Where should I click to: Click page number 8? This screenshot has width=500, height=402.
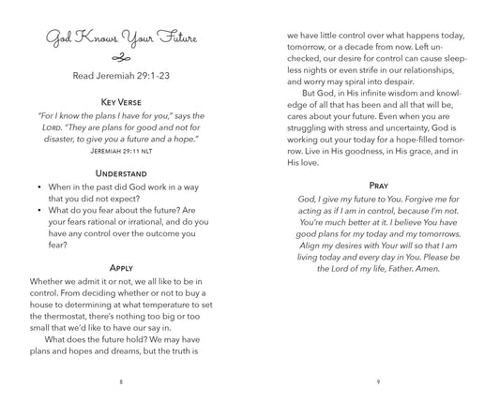click(122, 381)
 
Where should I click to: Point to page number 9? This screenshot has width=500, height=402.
click(377, 381)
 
